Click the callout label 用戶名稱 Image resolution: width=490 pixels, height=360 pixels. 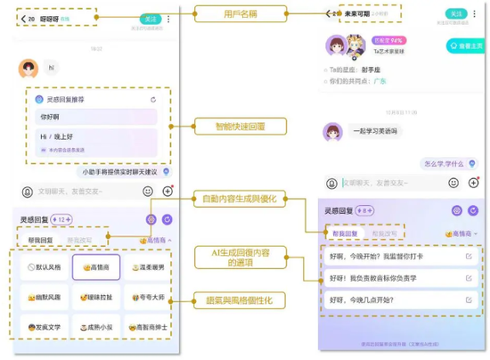point(241,14)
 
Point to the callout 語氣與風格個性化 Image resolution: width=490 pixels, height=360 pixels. point(243,302)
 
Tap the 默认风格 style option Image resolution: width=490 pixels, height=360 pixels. point(44,266)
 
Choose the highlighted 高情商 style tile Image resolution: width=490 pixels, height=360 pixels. point(96,266)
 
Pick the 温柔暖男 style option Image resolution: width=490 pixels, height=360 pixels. point(146,266)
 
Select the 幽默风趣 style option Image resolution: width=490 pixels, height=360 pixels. point(44,297)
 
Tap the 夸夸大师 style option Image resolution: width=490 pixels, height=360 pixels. point(146,297)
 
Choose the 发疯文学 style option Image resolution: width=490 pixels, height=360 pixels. point(44,326)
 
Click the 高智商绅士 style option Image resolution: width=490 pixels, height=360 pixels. point(146,326)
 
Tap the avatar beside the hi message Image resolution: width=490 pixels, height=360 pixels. point(29,68)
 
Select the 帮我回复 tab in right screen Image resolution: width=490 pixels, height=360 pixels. point(344,233)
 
